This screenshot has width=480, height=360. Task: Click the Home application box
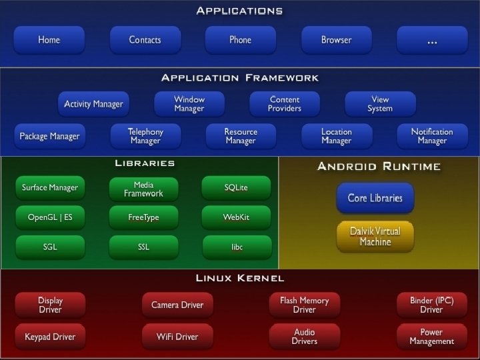point(49,40)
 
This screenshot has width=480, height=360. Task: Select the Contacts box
point(145,40)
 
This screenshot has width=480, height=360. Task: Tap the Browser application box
point(336,40)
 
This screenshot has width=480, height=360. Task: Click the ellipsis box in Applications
point(432,40)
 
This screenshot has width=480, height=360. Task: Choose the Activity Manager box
point(93,104)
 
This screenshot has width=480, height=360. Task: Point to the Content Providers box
point(285,104)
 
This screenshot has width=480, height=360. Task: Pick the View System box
point(380,104)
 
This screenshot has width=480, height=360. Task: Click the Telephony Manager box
point(145,136)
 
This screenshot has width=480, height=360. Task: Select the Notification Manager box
point(432,136)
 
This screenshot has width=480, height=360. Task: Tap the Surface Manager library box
point(50,187)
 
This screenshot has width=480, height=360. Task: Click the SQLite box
point(236,187)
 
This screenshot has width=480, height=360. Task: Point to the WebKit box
point(236,217)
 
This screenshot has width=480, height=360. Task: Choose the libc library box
point(236,247)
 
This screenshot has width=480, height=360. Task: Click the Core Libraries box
point(375,197)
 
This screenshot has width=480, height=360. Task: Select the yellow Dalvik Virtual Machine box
point(375,237)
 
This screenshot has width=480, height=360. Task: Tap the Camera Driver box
point(177,305)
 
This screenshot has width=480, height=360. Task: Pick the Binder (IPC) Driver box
point(431,305)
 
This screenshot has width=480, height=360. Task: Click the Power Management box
point(431,336)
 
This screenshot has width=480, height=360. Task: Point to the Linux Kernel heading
point(240,278)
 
